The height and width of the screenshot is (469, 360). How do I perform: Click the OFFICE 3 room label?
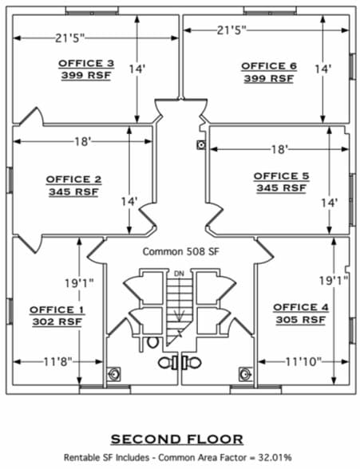click(x=86, y=64)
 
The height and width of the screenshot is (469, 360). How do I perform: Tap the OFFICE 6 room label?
click(x=269, y=66)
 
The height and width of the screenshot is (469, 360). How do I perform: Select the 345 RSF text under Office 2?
click(x=73, y=191)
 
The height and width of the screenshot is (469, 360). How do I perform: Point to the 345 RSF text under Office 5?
click(x=281, y=188)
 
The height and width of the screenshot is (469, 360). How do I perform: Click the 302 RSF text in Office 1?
click(x=57, y=322)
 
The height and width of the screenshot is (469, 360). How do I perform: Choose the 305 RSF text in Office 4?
click(x=301, y=320)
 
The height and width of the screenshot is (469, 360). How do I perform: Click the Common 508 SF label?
click(x=180, y=251)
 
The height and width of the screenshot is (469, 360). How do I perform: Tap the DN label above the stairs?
click(x=179, y=274)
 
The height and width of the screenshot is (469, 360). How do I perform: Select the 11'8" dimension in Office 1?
click(x=58, y=362)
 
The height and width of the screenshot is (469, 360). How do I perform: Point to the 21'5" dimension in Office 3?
click(x=70, y=38)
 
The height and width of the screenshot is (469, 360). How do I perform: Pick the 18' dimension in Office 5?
click(x=279, y=149)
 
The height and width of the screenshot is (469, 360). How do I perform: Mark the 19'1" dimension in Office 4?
click(x=333, y=281)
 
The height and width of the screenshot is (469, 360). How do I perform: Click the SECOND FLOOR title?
click(x=177, y=439)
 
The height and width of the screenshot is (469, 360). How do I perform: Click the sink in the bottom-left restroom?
click(x=114, y=374)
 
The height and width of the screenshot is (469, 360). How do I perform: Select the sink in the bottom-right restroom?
click(x=245, y=374)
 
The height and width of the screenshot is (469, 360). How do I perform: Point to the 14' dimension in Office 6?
click(x=323, y=69)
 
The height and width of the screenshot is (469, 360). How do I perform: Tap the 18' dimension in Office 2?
click(x=82, y=141)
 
